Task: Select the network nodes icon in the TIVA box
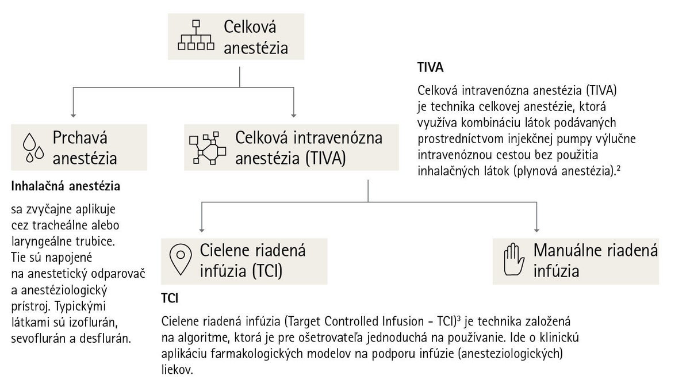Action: click(x=208, y=148)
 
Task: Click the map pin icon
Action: click(x=181, y=259)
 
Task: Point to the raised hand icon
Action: click(x=514, y=259)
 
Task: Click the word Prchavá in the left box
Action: click(x=80, y=137)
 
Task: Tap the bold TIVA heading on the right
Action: click(x=430, y=67)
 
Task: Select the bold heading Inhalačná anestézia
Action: click(x=66, y=186)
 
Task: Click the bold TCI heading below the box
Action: click(x=170, y=298)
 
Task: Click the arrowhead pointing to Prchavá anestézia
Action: click(x=73, y=116)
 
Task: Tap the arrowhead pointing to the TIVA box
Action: click(x=294, y=116)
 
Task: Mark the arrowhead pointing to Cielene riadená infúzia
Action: click(x=202, y=230)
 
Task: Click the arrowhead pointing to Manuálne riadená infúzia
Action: click(x=536, y=230)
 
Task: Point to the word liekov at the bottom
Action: click(x=177, y=369)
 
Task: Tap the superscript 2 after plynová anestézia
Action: click(x=618, y=168)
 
